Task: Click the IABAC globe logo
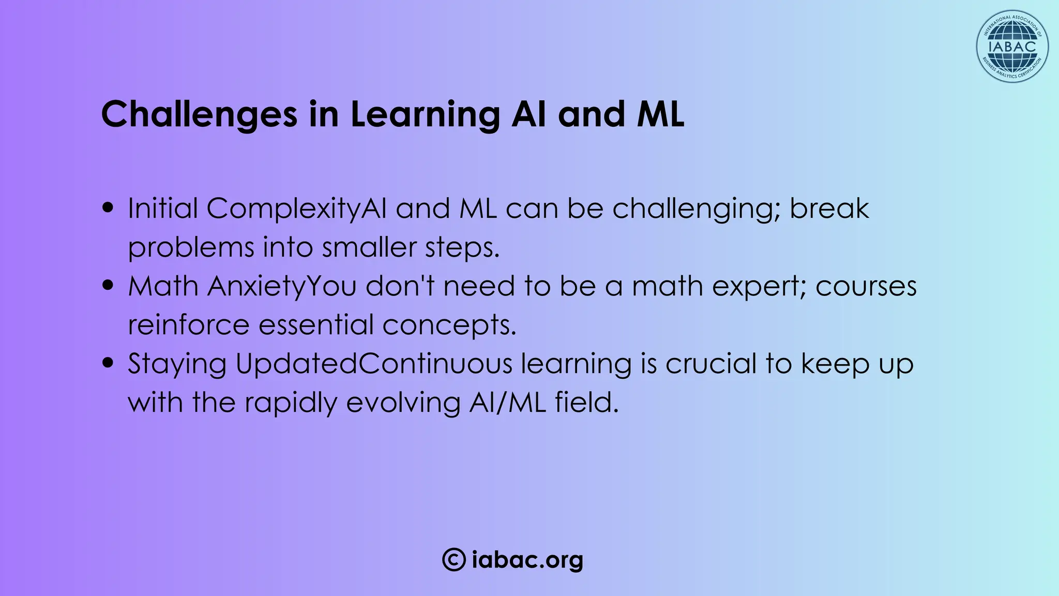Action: (x=1012, y=47)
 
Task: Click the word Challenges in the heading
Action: (x=199, y=114)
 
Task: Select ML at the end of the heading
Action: (x=660, y=114)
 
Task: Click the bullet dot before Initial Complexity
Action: (x=108, y=208)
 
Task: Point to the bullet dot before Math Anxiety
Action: (x=108, y=286)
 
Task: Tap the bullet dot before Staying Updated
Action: (x=108, y=363)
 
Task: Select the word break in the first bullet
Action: (x=829, y=209)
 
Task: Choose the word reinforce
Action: (x=188, y=325)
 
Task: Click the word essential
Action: (x=315, y=325)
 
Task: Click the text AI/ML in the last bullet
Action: (x=507, y=403)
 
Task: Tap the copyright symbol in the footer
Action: (x=453, y=560)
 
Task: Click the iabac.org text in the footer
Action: (x=527, y=560)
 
